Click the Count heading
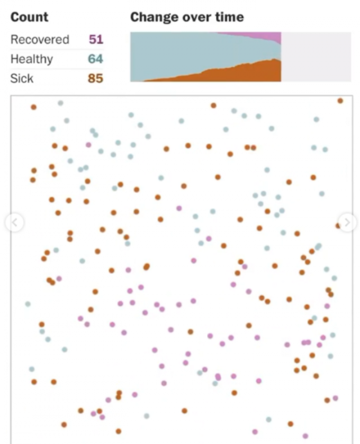pos(29,18)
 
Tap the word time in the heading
pos(230,18)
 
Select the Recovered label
pos(40,40)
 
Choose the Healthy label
pos(31,59)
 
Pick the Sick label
pos(22,78)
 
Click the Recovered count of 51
pos(95,40)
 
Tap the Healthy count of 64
pos(95,59)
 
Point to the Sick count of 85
pos(95,78)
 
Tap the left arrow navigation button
pos(14,222)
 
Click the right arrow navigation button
pos(347,222)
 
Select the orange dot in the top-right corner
pos(340,101)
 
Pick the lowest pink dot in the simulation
pos(306,436)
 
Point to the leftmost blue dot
pos(28,304)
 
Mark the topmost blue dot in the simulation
pos(60,103)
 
